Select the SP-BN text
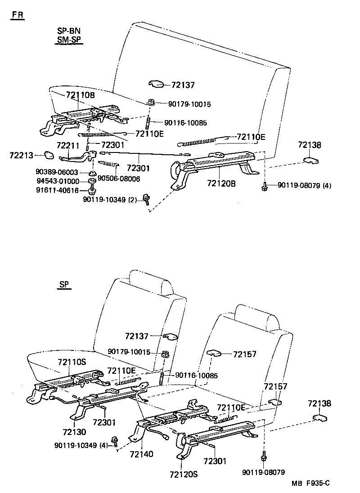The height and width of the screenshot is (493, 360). coord(68,31)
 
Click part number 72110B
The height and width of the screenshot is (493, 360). coord(80,95)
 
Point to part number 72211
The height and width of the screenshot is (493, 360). coord(68,146)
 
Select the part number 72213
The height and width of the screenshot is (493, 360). coord(21,155)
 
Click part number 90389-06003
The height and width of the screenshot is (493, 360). coord(57,172)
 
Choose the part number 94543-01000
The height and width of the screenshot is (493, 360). coord(57,181)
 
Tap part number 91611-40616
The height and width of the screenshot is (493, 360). coord(57,190)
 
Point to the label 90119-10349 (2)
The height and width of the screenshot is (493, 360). coord(109,199)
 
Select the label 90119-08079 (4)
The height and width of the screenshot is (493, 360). coord(304,185)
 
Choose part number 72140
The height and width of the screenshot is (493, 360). coord(141,454)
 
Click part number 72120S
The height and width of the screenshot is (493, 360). coord(184,475)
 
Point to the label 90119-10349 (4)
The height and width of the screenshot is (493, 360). coord(80,445)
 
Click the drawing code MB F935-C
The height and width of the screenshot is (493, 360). coord(310,484)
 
